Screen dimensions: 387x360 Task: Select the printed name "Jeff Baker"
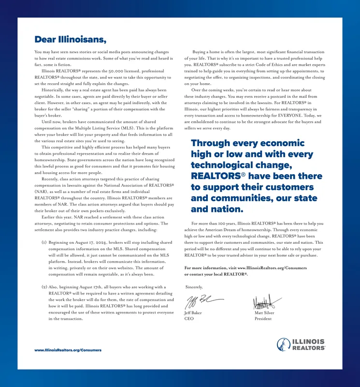pyautogui.click(x=193, y=313)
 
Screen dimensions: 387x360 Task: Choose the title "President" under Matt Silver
pyautogui.click(x=263, y=319)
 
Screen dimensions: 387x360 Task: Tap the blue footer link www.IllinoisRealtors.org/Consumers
pyautogui.click(x=68, y=350)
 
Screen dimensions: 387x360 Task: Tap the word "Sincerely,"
pyautogui.click(x=194, y=287)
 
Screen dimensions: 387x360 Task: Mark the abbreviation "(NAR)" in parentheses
pyautogui.click(x=41, y=192)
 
